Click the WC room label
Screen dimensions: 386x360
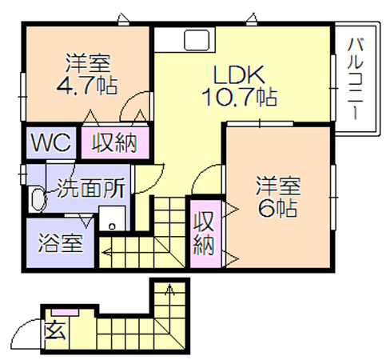(x=51, y=143)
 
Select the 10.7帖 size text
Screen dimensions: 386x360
(x=239, y=97)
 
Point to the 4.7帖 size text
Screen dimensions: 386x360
(x=86, y=86)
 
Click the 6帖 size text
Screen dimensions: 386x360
(x=277, y=207)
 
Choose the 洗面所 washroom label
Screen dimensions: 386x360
(x=90, y=188)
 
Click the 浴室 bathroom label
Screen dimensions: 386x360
(x=60, y=243)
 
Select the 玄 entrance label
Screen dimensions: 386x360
(x=54, y=330)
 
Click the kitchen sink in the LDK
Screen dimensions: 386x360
(x=197, y=39)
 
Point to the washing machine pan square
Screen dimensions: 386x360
(x=112, y=218)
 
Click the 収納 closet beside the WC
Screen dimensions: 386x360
(x=114, y=143)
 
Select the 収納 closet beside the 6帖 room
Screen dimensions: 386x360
(x=205, y=234)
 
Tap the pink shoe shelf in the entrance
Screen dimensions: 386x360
(x=65, y=312)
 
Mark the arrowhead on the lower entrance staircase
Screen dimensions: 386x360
(x=169, y=289)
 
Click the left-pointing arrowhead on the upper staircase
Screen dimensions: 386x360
(x=105, y=251)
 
